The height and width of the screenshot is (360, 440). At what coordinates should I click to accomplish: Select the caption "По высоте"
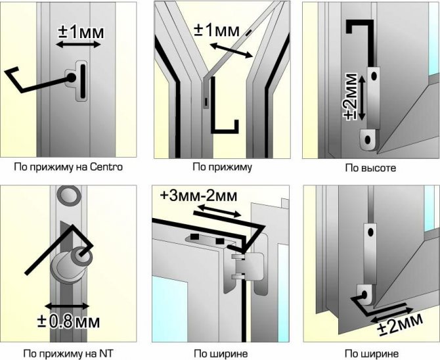point(370,168)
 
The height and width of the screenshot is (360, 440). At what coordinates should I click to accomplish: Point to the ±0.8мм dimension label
point(74,323)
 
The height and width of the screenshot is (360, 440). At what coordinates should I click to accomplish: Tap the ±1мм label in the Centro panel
point(79,31)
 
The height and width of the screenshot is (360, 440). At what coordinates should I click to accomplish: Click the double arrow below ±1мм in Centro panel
point(77,45)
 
